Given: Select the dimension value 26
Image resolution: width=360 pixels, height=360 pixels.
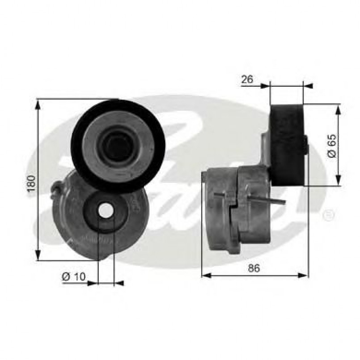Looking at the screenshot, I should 247,80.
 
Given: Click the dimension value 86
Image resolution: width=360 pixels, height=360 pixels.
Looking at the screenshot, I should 254,268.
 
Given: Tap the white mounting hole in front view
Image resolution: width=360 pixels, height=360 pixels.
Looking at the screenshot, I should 106,211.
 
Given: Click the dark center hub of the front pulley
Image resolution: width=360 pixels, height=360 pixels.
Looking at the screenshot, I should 118,145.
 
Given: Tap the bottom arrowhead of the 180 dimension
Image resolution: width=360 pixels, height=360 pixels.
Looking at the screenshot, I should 38,257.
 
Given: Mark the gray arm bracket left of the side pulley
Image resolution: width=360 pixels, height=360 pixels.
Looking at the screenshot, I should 267,152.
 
